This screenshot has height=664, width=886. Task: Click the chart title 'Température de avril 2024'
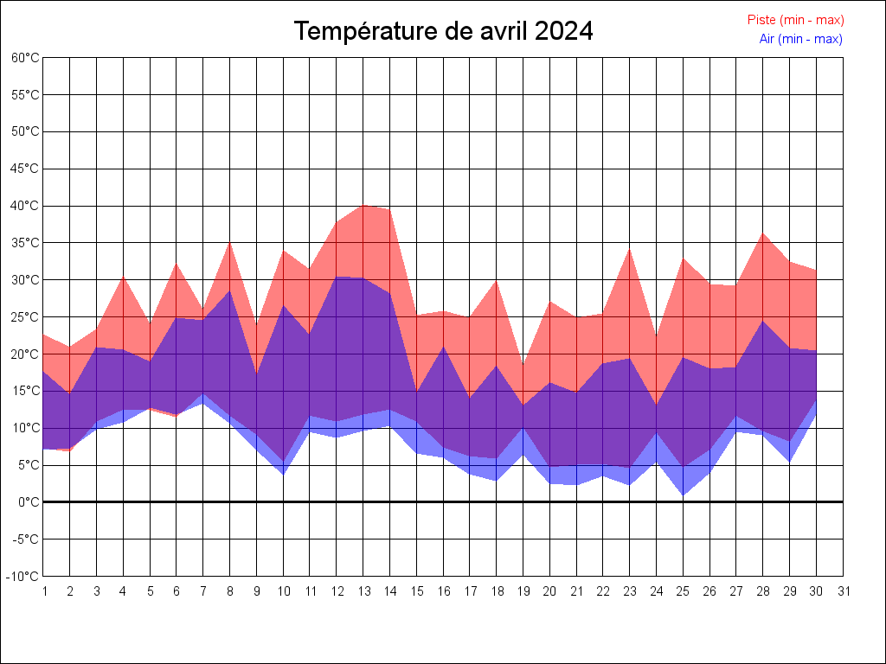[443, 31]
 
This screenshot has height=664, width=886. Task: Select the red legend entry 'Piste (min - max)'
[795, 20]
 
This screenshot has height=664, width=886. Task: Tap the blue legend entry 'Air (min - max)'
[800, 39]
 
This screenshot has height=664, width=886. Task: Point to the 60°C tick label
[25, 58]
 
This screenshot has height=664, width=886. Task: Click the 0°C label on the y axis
[29, 502]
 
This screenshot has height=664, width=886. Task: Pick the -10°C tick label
[23, 577]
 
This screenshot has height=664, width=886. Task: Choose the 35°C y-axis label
[25, 243]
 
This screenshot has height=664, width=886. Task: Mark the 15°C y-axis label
[25, 391]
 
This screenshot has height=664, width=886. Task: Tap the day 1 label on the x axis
[44, 591]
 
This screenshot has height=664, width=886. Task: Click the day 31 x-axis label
[844, 591]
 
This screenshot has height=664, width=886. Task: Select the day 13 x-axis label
[363, 591]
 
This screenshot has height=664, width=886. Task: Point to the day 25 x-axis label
[684, 591]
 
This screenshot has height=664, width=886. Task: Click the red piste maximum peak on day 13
[363, 205]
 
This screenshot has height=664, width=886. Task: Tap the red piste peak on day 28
[763, 233]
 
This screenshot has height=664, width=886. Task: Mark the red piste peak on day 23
[630, 249]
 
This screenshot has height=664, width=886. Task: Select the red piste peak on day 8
[230, 242]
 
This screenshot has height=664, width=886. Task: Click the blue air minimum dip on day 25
[684, 495]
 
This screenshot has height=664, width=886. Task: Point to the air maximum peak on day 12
[337, 277]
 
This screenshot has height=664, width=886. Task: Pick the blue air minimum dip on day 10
[284, 475]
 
